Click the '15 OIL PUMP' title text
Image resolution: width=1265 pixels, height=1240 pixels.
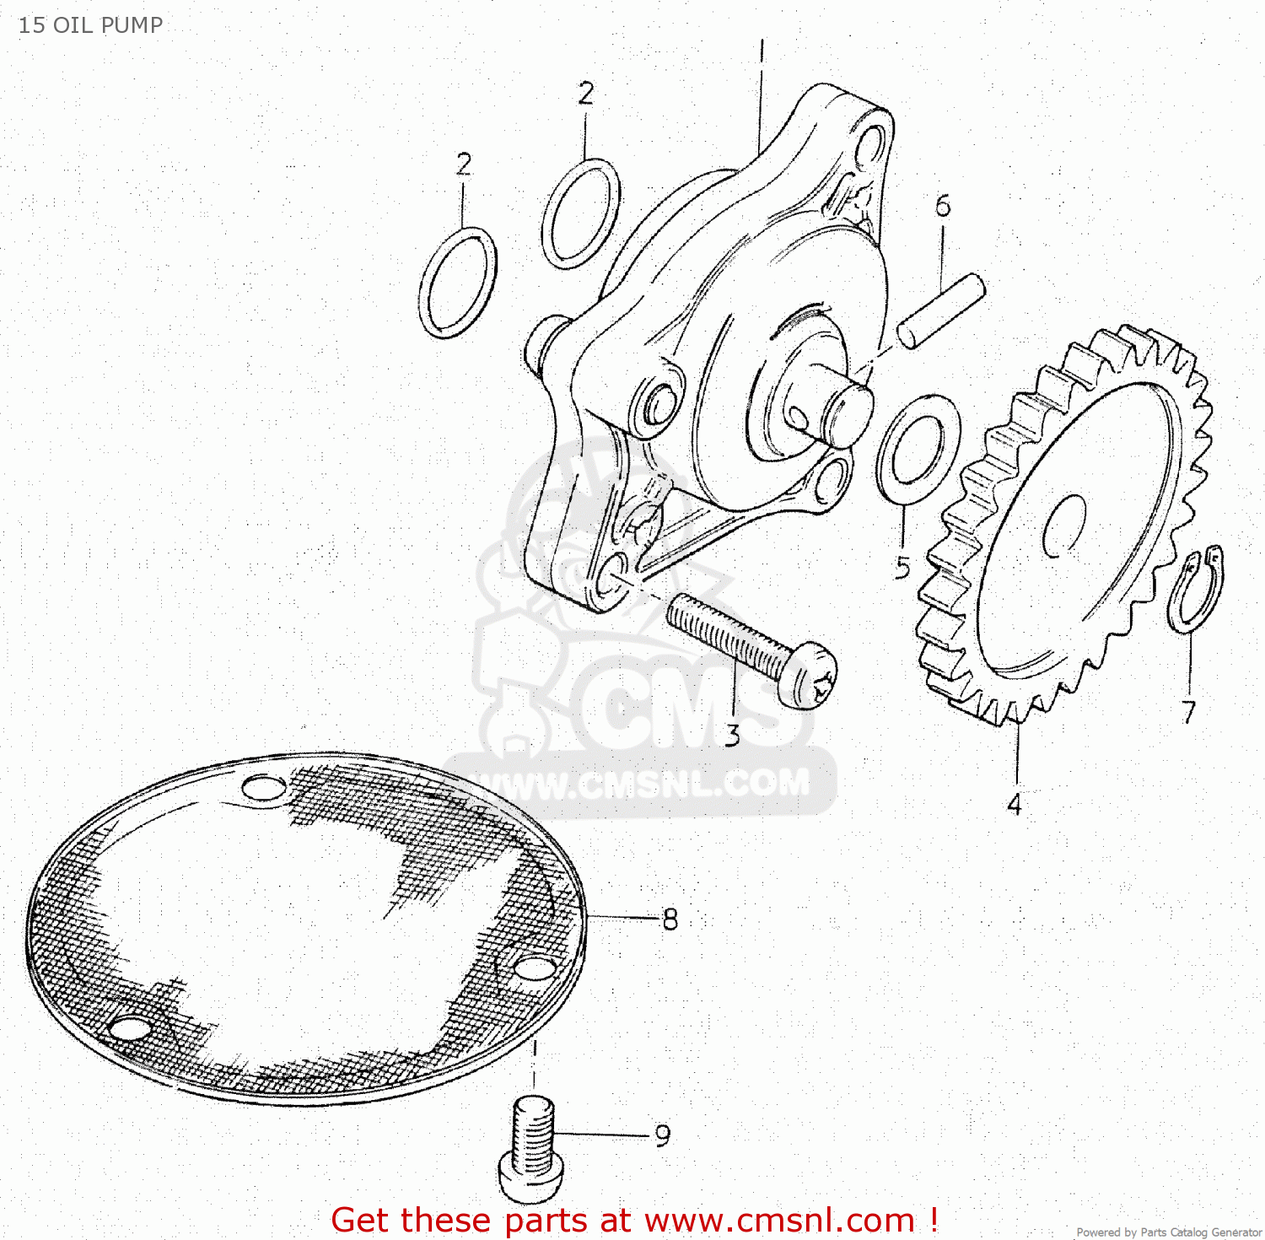click(x=90, y=25)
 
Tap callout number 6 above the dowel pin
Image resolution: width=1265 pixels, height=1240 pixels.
click(x=943, y=206)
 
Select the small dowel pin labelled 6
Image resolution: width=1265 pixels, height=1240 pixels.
click(x=940, y=310)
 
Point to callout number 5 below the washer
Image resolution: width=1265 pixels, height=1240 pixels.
click(x=902, y=568)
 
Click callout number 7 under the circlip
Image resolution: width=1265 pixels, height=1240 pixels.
click(x=1188, y=712)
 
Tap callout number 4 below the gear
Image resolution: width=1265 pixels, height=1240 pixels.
click(x=1015, y=805)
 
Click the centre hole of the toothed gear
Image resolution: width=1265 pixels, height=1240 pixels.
click(x=1064, y=526)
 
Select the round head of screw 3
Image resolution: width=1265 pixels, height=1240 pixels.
click(x=809, y=674)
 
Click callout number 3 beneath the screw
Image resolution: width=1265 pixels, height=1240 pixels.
click(x=732, y=736)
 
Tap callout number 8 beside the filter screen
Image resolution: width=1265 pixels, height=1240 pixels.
click(x=670, y=919)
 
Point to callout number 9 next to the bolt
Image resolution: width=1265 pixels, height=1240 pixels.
click(x=663, y=1135)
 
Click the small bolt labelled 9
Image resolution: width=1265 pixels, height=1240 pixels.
click(x=531, y=1147)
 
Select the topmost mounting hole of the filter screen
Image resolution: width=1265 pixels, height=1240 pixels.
click(x=263, y=788)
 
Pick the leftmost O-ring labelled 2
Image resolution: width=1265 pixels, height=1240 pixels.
click(x=458, y=283)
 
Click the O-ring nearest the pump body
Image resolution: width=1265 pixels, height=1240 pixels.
click(x=580, y=213)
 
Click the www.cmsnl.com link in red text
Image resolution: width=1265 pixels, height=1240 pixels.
click(x=779, y=1221)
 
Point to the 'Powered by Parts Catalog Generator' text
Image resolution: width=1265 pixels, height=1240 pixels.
click(x=1168, y=1232)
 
